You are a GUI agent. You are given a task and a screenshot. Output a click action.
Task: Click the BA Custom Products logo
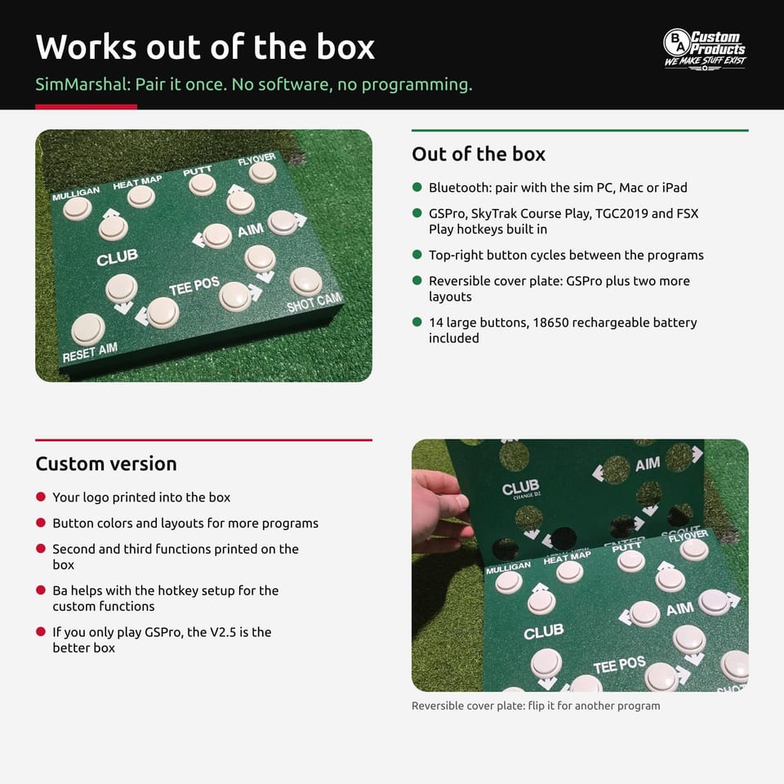pyautogui.click(x=705, y=49)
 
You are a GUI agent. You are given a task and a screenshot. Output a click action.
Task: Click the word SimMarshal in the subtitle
pyautogui.click(x=82, y=84)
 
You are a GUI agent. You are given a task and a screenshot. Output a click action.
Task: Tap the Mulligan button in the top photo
pyautogui.click(x=78, y=208)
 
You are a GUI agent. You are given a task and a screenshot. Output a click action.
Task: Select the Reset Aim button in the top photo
pyautogui.click(x=88, y=329)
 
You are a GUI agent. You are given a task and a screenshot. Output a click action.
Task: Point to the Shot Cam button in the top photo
pyautogui.click(x=306, y=281)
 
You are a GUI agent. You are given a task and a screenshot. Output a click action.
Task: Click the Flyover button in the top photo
pyautogui.click(x=262, y=172)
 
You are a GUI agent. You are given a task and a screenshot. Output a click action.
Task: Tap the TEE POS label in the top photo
pyautogui.click(x=194, y=286)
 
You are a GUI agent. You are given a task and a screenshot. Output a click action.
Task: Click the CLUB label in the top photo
pyautogui.click(x=117, y=257)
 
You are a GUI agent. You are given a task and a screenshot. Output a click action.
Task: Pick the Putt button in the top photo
pyautogui.click(x=202, y=185)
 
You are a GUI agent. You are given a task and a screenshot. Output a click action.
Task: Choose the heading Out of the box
pyautogui.click(x=479, y=154)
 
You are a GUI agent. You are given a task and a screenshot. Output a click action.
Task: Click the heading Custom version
pyautogui.click(x=106, y=464)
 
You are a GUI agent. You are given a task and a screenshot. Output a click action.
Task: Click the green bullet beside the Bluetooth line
pyautogui.click(x=417, y=187)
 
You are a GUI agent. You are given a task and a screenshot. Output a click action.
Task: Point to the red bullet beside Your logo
pyautogui.click(x=41, y=497)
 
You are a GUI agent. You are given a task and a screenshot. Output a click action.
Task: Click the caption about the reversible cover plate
pyautogui.click(x=536, y=706)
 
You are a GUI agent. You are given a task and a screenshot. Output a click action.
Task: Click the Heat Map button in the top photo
pyautogui.click(x=141, y=197)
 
